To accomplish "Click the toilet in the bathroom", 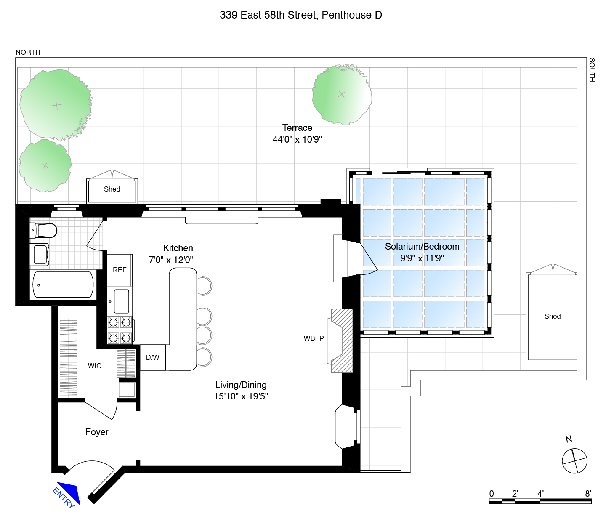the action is (x=43, y=231).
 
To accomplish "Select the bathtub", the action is (x=63, y=285).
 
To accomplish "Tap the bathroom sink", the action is (x=40, y=254).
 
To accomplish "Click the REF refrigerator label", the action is (x=120, y=270).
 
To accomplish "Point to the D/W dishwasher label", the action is (x=152, y=357).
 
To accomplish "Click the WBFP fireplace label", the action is (x=314, y=338).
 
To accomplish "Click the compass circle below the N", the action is (x=574, y=461).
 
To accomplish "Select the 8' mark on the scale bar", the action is (x=588, y=494).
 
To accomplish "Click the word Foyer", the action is (x=97, y=432).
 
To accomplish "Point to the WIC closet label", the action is (x=94, y=366).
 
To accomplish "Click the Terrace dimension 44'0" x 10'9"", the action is (x=297, y=139).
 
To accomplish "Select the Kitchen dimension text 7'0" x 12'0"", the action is (x=170, y=260).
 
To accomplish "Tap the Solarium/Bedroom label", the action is (x=422, y=246).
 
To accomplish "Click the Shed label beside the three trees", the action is (x=112, y=189).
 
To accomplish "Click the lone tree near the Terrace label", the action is (x=342, y=94).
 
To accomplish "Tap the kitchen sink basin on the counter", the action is (x=121, y=301).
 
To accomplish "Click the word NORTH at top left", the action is (x=28, y=52).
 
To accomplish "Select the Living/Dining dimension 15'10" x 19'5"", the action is (x=241, y=396).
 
